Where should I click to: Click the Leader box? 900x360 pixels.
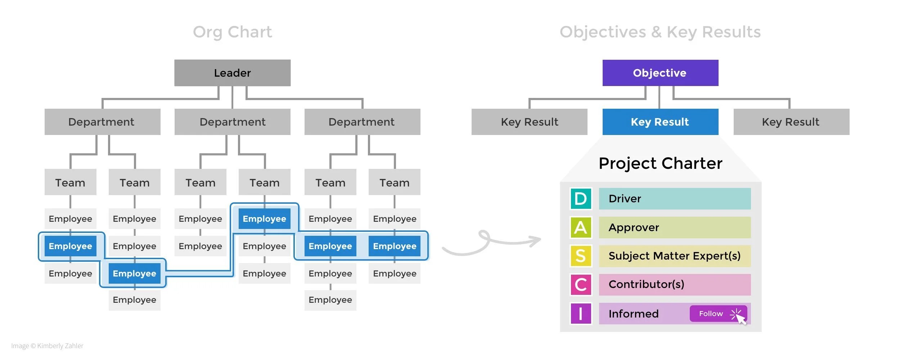(x=232, y=73)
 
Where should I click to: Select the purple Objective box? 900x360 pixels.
(x=660, y=73)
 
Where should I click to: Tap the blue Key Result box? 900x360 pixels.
(x=660, y=122)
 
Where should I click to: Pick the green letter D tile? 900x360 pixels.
(x=581, y=198)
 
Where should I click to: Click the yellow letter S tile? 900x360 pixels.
(x=581, y=256)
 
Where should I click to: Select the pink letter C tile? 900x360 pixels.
(x=581, y=284)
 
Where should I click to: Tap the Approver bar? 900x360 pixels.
(x=674, y=227)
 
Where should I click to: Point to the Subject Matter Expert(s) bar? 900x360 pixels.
(x=674, y=256)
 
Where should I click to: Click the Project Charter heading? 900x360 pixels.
(x=660, y=163)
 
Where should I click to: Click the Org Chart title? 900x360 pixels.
(x=232, y=32)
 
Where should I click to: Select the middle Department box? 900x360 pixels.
(x=232, y=122)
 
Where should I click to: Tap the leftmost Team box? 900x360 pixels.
(x=70, y=182)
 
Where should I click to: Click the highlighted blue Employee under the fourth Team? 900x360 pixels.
(x=264, y=219)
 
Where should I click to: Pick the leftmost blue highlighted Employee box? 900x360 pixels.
(x=70, y=246)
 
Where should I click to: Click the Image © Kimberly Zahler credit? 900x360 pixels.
(x=47, y=346)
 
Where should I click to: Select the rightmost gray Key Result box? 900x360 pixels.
(x=791, y=122)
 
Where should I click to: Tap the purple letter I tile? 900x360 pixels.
(x=581, y=314)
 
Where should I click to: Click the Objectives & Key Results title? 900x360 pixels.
(x=660, y=32)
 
